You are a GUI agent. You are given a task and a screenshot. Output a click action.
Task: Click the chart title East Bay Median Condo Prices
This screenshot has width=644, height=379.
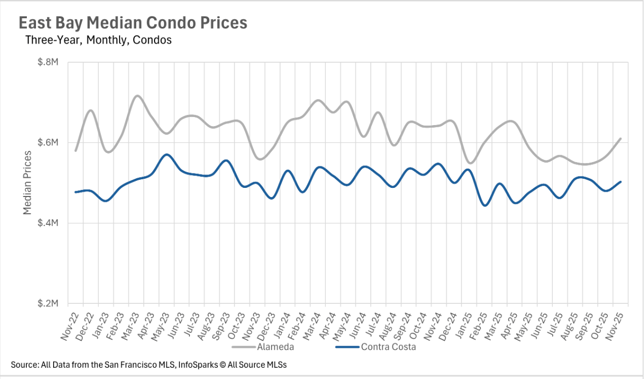pyautogui.click(x=133, y=23)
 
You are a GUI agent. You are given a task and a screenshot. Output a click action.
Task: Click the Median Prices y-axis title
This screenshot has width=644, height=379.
pyautogui.click(x=28, y=183)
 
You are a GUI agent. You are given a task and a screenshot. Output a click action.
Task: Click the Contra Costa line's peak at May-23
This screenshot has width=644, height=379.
pyautogui.click(x=167, y=155)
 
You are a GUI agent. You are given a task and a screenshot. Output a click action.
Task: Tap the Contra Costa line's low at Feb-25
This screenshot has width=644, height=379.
pyautogui.click(x=485, y=205)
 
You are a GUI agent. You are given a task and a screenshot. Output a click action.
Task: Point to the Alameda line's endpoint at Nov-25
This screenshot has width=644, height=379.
pyautogui.click(x=621, y=139)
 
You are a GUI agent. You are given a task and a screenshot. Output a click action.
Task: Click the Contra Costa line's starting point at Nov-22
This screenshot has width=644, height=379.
pyautogui.click(x=76, y=192)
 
